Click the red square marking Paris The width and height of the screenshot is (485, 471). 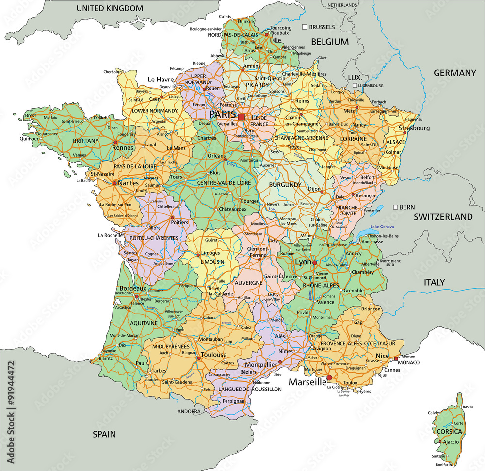[241, 117]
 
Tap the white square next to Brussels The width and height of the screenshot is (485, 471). [305, 27]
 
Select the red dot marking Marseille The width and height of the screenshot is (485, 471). [329, 377]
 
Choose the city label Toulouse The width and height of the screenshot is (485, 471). [213, 355]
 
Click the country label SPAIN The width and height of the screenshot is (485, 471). [104, 434]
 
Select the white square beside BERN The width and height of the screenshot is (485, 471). [395, 207]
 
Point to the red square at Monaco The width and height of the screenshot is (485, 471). [396, 358]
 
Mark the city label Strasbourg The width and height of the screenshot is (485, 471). [414, 128]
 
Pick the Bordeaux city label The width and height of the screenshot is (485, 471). [132, 288]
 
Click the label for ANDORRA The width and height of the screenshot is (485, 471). [189, 411]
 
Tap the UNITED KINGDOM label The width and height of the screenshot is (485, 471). [110, 8]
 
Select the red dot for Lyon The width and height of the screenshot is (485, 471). [314, 263]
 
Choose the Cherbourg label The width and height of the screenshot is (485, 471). [113, 71]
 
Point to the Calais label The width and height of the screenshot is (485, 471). [225, 16]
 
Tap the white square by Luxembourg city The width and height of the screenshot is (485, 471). [355, 85]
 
